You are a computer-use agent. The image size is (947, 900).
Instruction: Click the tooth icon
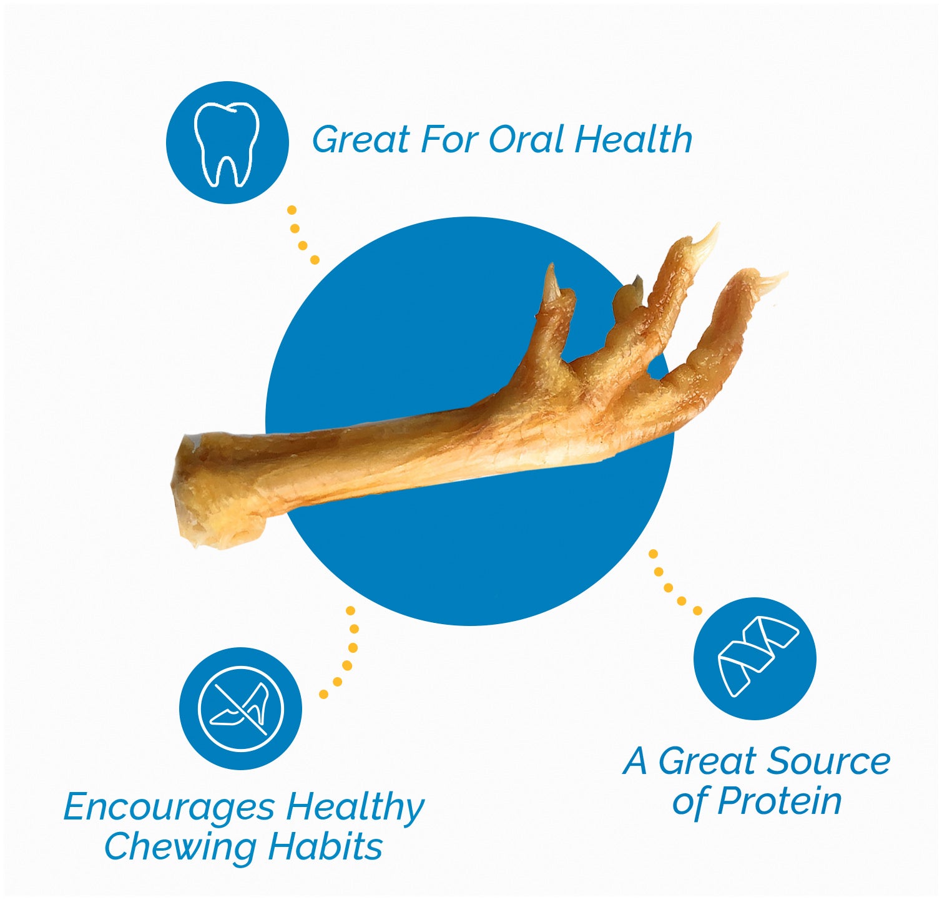227,143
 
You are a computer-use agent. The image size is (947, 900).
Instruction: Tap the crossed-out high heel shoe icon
240,708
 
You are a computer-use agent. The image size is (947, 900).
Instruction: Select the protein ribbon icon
755,658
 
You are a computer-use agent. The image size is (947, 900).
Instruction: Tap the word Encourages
169,807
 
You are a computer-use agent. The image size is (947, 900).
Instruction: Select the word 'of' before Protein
690,801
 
